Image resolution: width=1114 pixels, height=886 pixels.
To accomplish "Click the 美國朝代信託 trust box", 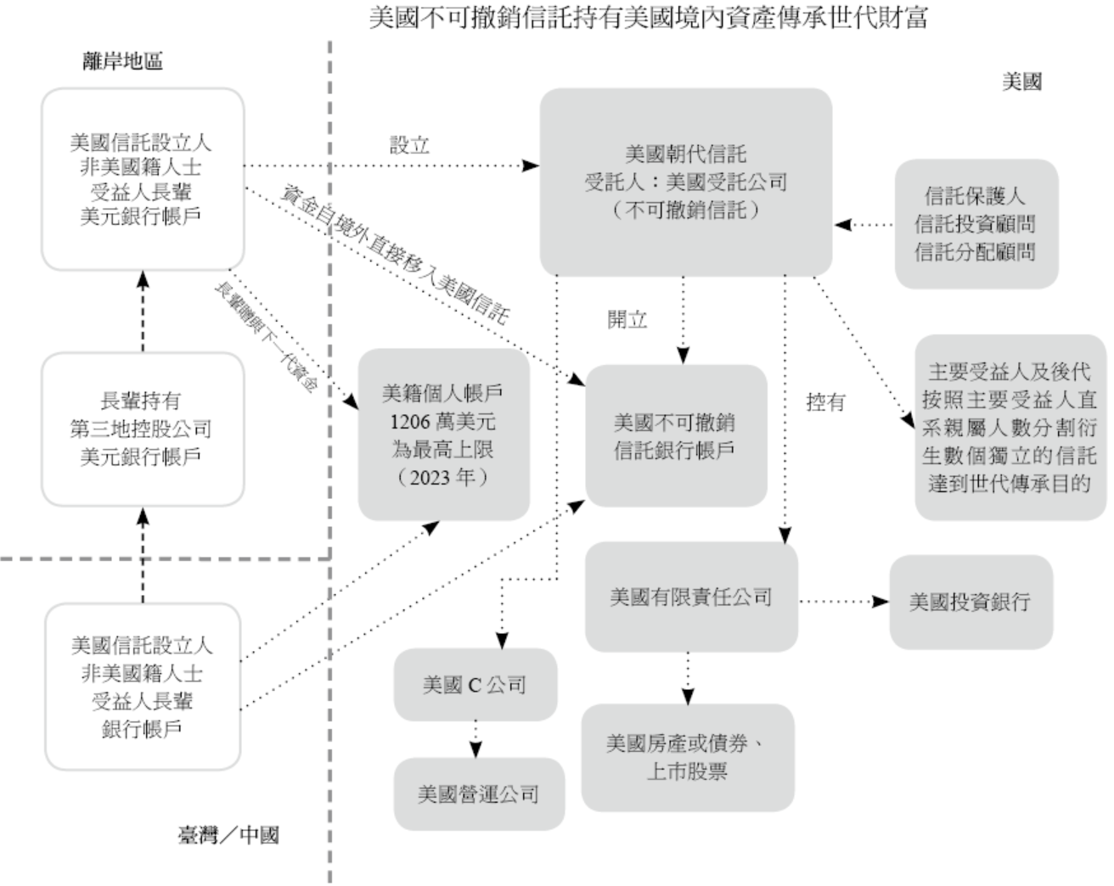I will tap(685, 182).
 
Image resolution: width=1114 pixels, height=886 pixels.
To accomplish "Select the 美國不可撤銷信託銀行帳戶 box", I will tap(675, 435).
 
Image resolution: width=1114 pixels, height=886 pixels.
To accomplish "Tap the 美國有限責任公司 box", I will tap(691, 597).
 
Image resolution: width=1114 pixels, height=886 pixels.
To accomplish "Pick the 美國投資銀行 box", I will tap(970, 602).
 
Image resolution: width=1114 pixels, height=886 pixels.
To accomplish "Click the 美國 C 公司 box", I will tap(475, 684).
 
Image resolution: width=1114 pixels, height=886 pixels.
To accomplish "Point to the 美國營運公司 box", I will tap(478, 794).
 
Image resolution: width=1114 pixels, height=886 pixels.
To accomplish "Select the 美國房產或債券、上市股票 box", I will tap(687, 757).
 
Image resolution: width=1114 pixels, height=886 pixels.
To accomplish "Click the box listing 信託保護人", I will tap(976, 224).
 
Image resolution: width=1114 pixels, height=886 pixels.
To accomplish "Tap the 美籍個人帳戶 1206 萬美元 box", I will tap(442, 435).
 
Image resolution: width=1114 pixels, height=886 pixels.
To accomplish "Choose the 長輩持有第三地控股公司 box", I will tap(142, 429).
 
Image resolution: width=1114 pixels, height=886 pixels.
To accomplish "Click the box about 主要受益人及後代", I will tap(1009, 427).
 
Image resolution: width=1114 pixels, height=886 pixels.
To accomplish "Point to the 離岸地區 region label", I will tap(123, 61).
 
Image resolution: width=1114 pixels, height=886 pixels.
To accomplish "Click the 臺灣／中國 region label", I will tap(228, 835).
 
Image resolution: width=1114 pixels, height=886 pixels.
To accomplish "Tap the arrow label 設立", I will tap(409, 145).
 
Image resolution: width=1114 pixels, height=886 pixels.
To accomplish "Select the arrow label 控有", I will tap(825, 401).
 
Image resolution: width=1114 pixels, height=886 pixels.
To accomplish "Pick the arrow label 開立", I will tap(627, 319).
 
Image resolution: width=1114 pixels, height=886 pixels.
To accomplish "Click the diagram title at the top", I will tap(648, 18).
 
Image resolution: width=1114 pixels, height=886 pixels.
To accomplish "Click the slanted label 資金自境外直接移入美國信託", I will tap(395, 255).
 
